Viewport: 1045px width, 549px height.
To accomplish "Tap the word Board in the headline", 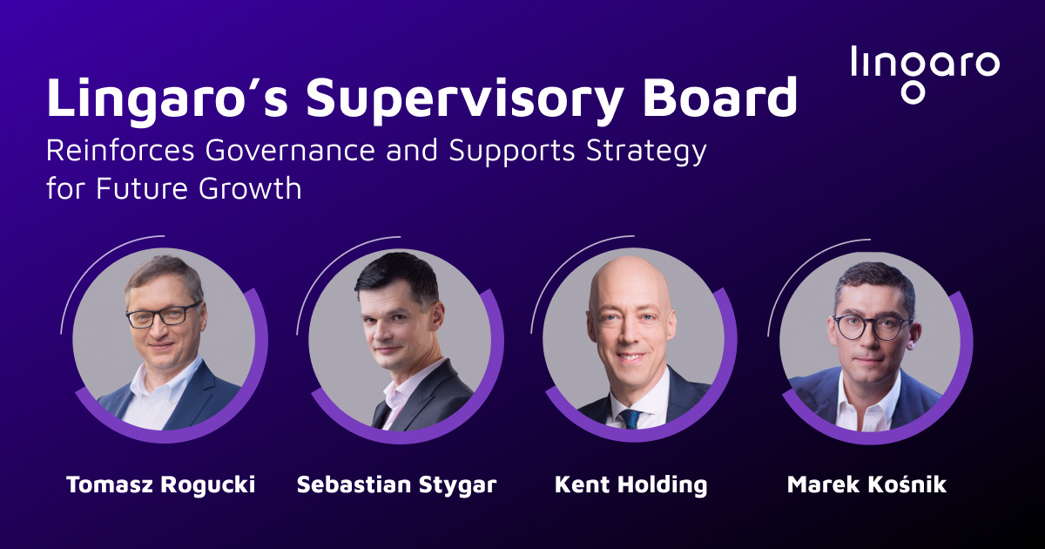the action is [x=720, y=97].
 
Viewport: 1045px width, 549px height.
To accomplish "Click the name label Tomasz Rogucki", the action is [x=161, y=485].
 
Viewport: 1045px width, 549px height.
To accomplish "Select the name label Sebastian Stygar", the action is [x=396, y=485].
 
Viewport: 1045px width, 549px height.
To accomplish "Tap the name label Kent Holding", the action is [x=630, y=485].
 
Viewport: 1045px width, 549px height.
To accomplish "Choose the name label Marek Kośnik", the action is [x=866, y=485].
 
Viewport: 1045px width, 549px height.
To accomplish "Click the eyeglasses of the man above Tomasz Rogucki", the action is [x=164, y=315].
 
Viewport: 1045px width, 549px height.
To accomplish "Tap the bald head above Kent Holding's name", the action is [x=630, y=279].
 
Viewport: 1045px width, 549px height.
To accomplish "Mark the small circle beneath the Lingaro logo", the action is [x=913, y=93].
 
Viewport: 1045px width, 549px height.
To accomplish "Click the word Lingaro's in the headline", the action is [x=167, y=99].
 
